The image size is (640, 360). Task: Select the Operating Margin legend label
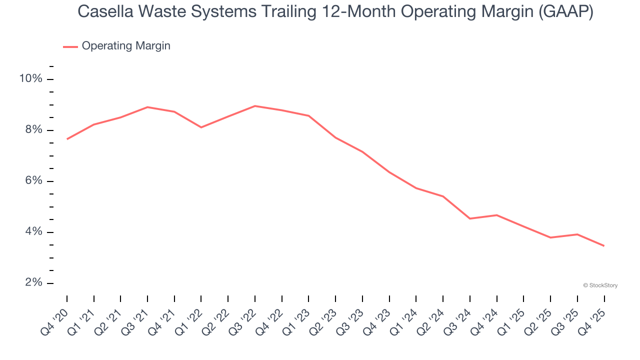tap(126, 46)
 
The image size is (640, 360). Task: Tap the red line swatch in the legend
tap(70, 46)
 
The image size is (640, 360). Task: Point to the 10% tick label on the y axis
tap(30, 79)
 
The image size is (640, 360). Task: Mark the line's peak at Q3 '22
tap(255, 106)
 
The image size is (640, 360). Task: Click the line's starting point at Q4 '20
tap(67, 139)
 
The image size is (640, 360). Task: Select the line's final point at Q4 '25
tap(604, 245)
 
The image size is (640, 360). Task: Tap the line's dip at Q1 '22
tap(201, 127)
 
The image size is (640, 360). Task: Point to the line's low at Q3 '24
tap(470, 218)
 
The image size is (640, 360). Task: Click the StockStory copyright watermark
tap(600, 285)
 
